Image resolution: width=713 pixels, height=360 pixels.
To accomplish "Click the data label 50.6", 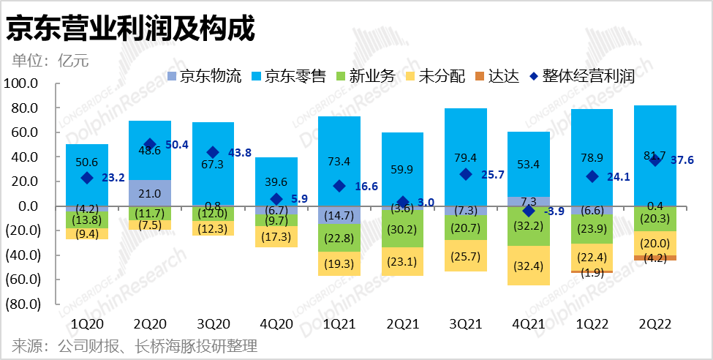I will click(86, 162).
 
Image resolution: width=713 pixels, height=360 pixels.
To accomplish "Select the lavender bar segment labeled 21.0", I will click(150, 193).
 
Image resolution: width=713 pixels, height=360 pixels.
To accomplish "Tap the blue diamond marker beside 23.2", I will click(87, 177).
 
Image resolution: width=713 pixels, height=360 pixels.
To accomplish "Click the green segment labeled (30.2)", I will click(402, 228).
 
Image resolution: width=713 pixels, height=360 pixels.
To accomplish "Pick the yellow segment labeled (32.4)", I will click(528, 265).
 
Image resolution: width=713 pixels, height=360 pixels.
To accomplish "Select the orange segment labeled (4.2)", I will click(654, 258).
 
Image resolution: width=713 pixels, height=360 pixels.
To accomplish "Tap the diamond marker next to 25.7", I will click(465, 174).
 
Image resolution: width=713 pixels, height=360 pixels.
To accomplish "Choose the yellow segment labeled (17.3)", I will click(276, 236).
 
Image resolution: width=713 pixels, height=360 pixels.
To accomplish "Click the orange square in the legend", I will click(480, 76).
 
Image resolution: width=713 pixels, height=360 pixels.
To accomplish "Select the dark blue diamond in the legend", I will click(534, 76).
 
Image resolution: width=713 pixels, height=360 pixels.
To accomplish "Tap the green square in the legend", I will click(341, 76).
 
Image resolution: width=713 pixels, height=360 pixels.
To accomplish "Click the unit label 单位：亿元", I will click(50, 61).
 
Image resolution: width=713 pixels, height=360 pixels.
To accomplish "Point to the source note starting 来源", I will click(135, 345).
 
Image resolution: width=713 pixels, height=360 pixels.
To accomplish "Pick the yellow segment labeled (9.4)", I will click(87, 234).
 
